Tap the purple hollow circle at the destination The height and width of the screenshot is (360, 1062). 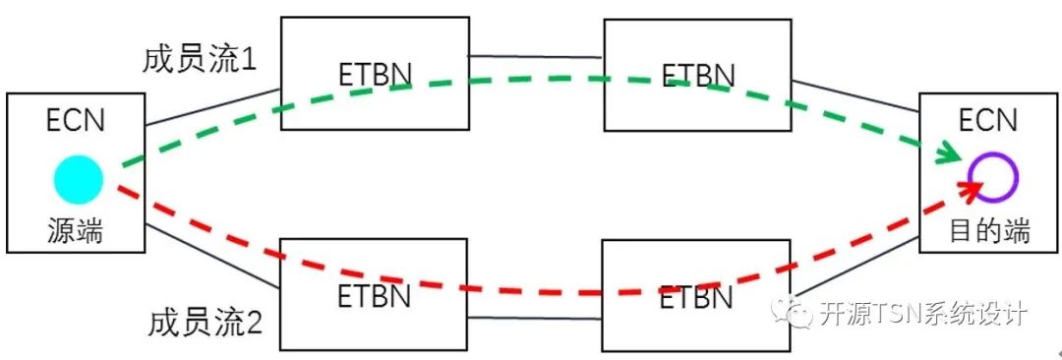[x=992, y=177]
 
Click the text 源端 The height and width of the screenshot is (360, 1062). [x=76, y=231]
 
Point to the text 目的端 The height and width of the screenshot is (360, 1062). [x=989, y=231]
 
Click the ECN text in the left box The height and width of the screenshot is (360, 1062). [x=76, y=122]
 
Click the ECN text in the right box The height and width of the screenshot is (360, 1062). [x=988, y=122]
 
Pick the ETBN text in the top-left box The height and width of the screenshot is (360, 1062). [x=374, y=75]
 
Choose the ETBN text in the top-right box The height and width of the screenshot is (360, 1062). [x=697, y=75]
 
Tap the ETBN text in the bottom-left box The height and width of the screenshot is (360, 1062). [x=374, y=296]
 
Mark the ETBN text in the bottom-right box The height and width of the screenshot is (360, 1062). [x=695, y=296]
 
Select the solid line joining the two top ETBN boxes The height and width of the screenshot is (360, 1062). [x=535, y=56]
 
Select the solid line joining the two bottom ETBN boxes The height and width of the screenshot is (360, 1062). [x=535, y=317]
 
